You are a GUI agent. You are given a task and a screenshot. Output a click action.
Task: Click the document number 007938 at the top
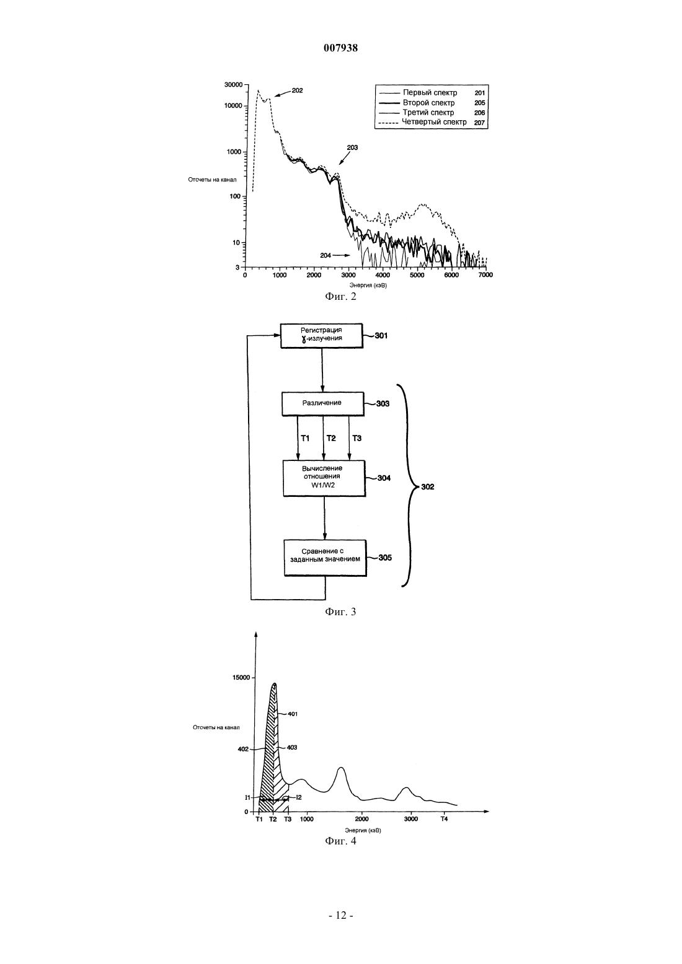click(x=340, y=48)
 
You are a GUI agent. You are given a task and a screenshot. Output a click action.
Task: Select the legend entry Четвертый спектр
click(x=434, y=122)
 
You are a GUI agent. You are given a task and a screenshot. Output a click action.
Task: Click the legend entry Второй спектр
click(x=428, y=102)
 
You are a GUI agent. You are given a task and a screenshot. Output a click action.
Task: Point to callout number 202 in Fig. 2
click(x=297, y=90)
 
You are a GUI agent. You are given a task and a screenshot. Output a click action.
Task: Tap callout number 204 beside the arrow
click(x=325, y=255)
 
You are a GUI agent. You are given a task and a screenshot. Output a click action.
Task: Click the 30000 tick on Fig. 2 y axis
click(x=234, y=85)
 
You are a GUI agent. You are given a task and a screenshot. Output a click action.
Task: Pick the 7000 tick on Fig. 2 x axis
click(x=485, y=276)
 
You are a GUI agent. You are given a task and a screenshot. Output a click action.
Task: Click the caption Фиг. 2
click(x=340, y=297)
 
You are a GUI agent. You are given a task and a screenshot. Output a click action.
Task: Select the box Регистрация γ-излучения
click(x=322, y=336)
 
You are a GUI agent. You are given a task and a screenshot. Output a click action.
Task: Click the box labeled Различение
click(x=323, y=403)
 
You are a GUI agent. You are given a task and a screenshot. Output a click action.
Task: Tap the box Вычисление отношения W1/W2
click(x=324, y=478)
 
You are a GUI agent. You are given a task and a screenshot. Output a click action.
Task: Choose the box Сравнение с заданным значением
click(x=325, y=558)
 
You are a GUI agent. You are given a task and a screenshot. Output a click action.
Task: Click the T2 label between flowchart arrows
click(x=330, y=438)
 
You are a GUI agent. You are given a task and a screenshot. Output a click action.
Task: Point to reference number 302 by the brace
click(x=428, y=487)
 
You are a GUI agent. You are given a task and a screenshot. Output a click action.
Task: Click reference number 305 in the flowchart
click(x=386, y=558)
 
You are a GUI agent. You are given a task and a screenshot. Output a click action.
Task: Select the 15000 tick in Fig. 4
click(x=241, y=677)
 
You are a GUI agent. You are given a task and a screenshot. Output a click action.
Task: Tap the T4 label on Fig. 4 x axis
click(x=444, y=819)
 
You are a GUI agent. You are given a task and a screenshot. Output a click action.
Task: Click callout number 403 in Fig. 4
click(x=292, y=748)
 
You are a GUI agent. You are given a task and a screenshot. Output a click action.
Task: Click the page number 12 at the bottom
click(x=340, y=916)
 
